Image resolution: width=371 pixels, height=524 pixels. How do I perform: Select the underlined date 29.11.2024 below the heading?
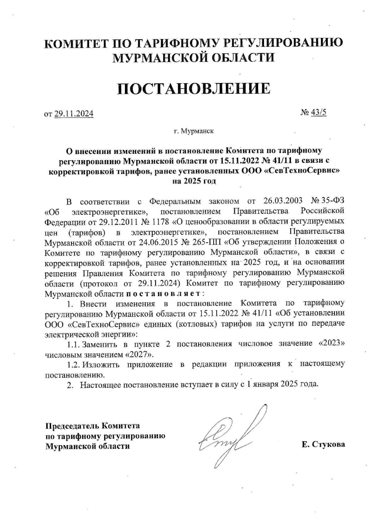(74, 114)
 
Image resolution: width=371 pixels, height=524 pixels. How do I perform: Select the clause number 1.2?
(74, 364)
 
